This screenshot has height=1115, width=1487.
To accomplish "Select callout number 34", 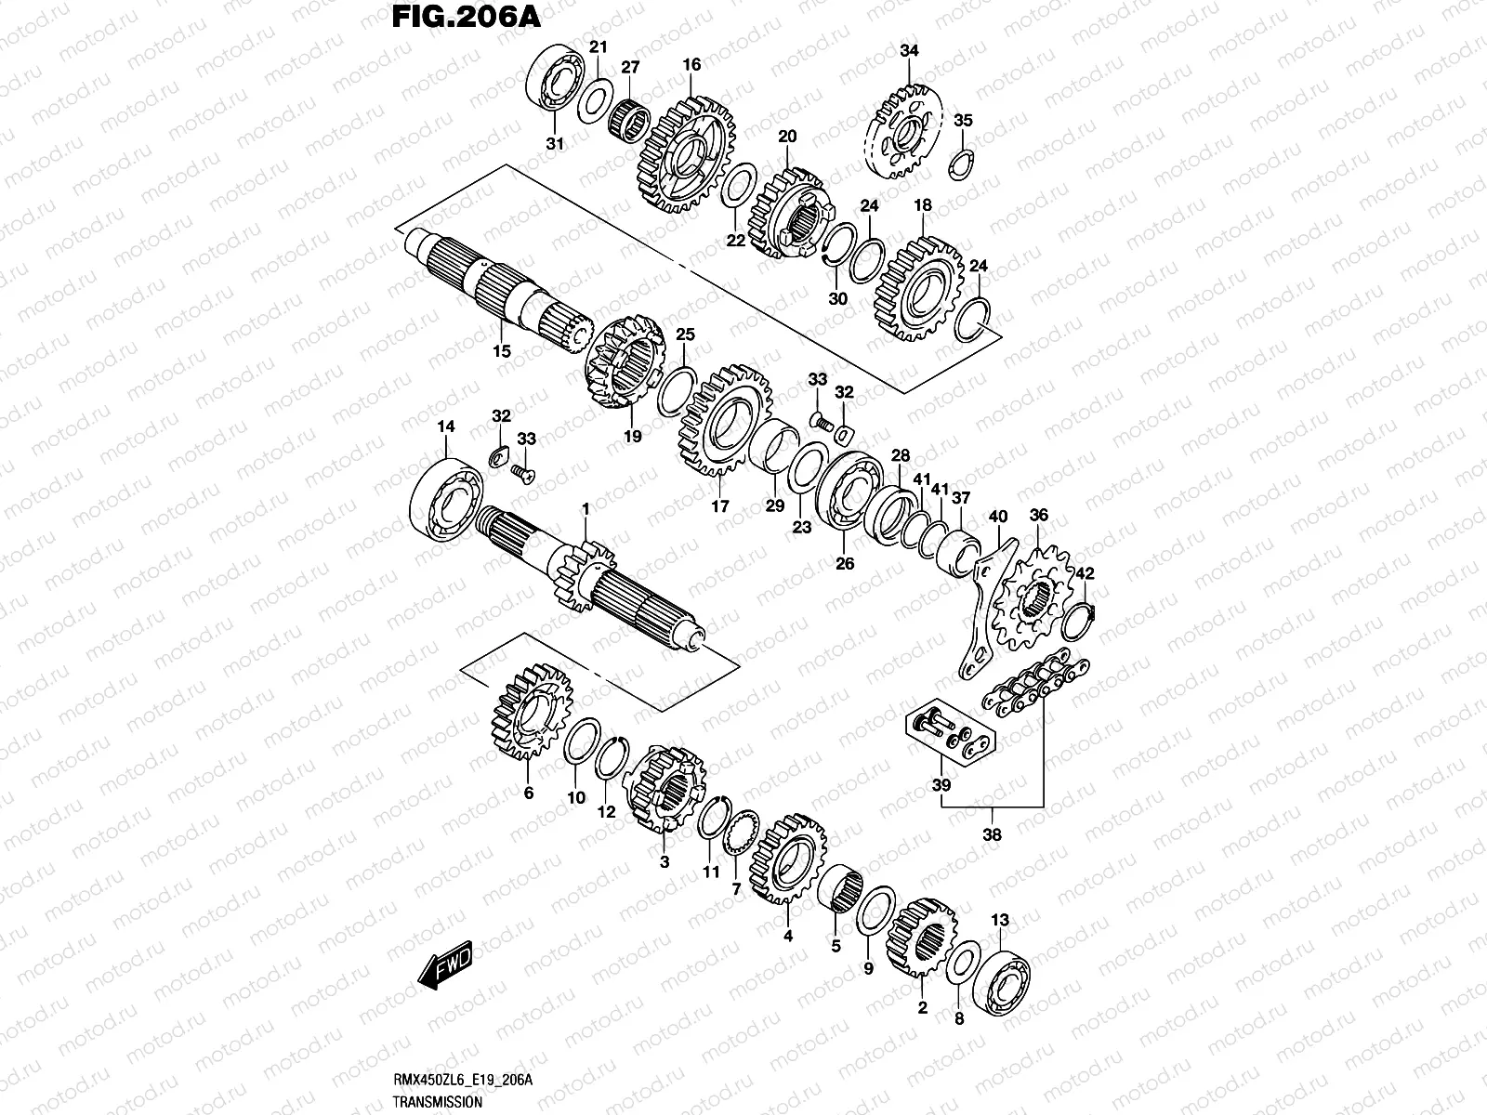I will (x=908, y=51).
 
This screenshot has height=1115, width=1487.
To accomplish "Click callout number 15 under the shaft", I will (x=501, y=351).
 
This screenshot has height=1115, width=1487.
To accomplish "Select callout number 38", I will (x=992, y=834).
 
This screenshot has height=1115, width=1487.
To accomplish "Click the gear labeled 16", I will (x=686, y=153).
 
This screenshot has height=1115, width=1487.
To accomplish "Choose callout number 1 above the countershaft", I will (x=586, y=508).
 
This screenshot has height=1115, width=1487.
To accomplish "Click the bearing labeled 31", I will (x=556, y=84).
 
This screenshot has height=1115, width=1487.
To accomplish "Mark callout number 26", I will (x=845, y=563).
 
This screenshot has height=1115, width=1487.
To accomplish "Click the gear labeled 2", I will (x=919, y=938).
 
